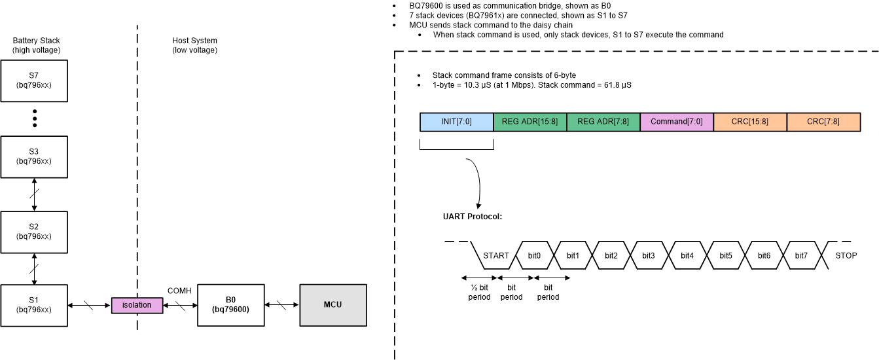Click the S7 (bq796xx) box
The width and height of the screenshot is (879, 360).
point(34,81)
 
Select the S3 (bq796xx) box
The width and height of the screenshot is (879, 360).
point(34,156)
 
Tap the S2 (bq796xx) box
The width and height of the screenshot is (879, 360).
point(34,232)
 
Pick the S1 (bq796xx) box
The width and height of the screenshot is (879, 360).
point(34,305)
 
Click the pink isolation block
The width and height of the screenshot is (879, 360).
point(136,305)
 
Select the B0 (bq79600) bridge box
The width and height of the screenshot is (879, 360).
point(230,305)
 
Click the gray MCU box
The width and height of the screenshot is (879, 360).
point(332,305)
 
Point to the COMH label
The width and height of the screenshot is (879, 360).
point(179,291)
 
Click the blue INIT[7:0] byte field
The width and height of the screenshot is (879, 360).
point(456,122)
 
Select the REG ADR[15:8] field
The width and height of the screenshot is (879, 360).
point(529,122)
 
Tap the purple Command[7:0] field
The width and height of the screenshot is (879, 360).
point(676,122)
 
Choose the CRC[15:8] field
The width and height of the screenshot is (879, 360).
point(749,122)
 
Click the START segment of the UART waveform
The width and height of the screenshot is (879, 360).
point(495,255)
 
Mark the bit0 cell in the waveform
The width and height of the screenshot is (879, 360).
point(535,255)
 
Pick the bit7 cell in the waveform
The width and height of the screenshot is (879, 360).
point(801,255)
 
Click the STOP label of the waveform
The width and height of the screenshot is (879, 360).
point(846,255)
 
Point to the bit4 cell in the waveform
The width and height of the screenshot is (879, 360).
point(687,255)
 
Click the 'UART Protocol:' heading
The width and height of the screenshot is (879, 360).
point(473,216)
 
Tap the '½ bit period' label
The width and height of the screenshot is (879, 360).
point(479,292)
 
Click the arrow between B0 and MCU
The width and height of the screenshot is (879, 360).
point(282,305)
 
